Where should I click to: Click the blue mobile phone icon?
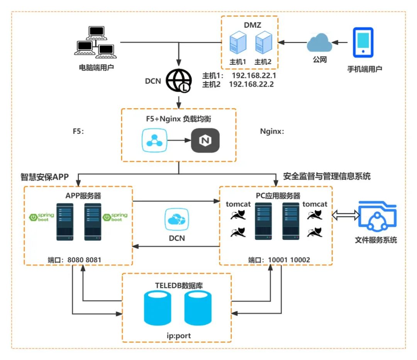[x=363, y=42]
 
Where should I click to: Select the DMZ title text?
[x=253, y=25]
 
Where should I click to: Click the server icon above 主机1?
[x=238, y=42]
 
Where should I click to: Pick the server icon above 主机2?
[x=264, y=42]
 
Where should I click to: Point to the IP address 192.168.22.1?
[x=254, y=76]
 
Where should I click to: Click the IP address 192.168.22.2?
[x=251, y=84]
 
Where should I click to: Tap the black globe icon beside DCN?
[x=179, y=81]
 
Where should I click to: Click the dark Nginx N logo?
[x=205, y=140]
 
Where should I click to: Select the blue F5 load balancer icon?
[x=154, y=140]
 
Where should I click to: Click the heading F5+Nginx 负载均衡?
[x=178, y=119]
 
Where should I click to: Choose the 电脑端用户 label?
[x=96, y=68]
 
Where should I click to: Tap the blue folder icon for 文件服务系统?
[x=377, y=216]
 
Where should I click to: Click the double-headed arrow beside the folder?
[x=346, y=215]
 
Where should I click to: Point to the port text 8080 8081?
[x=84, y=260]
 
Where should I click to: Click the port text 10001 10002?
[x=289, y=260]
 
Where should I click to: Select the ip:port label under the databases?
[x=179, y=336]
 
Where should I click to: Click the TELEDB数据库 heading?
[x=179, y=286]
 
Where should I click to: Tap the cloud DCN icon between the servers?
[x=177, y=219]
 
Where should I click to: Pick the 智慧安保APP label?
[x=45, y=177]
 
